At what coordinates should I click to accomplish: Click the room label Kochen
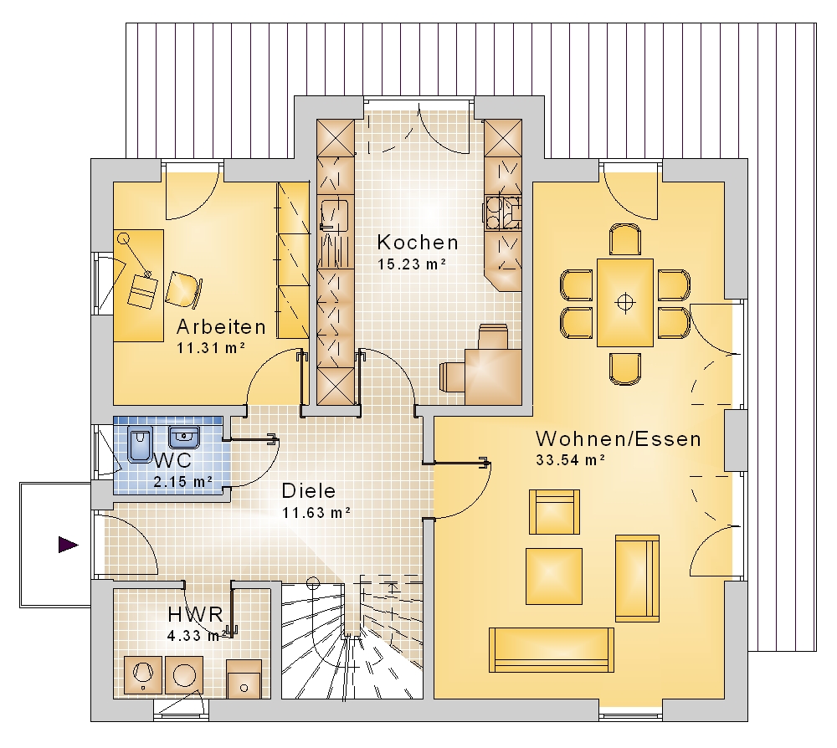click(x=418, y=242)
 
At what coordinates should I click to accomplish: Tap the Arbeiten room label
click(x=221, y=326)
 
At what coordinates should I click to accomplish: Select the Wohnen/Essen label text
click(x=619, y=439)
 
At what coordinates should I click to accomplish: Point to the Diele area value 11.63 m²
click(x=316, y=513)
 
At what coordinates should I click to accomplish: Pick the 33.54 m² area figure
click(x=570, y=460)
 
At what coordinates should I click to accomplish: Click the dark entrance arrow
click(x=69, y=545)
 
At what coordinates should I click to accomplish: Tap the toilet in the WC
click(x=140, y=444)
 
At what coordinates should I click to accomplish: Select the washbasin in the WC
click(x=184, y=437)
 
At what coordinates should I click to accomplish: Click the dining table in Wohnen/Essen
click(x=625, y=303)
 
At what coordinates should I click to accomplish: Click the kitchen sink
click(x=334, y=214)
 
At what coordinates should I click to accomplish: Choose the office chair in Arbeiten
click(x=184, y=289)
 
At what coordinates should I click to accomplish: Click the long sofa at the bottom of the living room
click(x=552, y=649)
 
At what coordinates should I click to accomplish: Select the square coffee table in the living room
click(x=554, y=576)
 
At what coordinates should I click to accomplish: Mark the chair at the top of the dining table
click(x=625, y=239)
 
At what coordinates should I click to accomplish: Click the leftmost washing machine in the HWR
click(x=142, y=674)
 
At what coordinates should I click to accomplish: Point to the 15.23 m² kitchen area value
click(x=412, y=264)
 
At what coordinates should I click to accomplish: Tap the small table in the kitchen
click(x=493, y=377)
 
